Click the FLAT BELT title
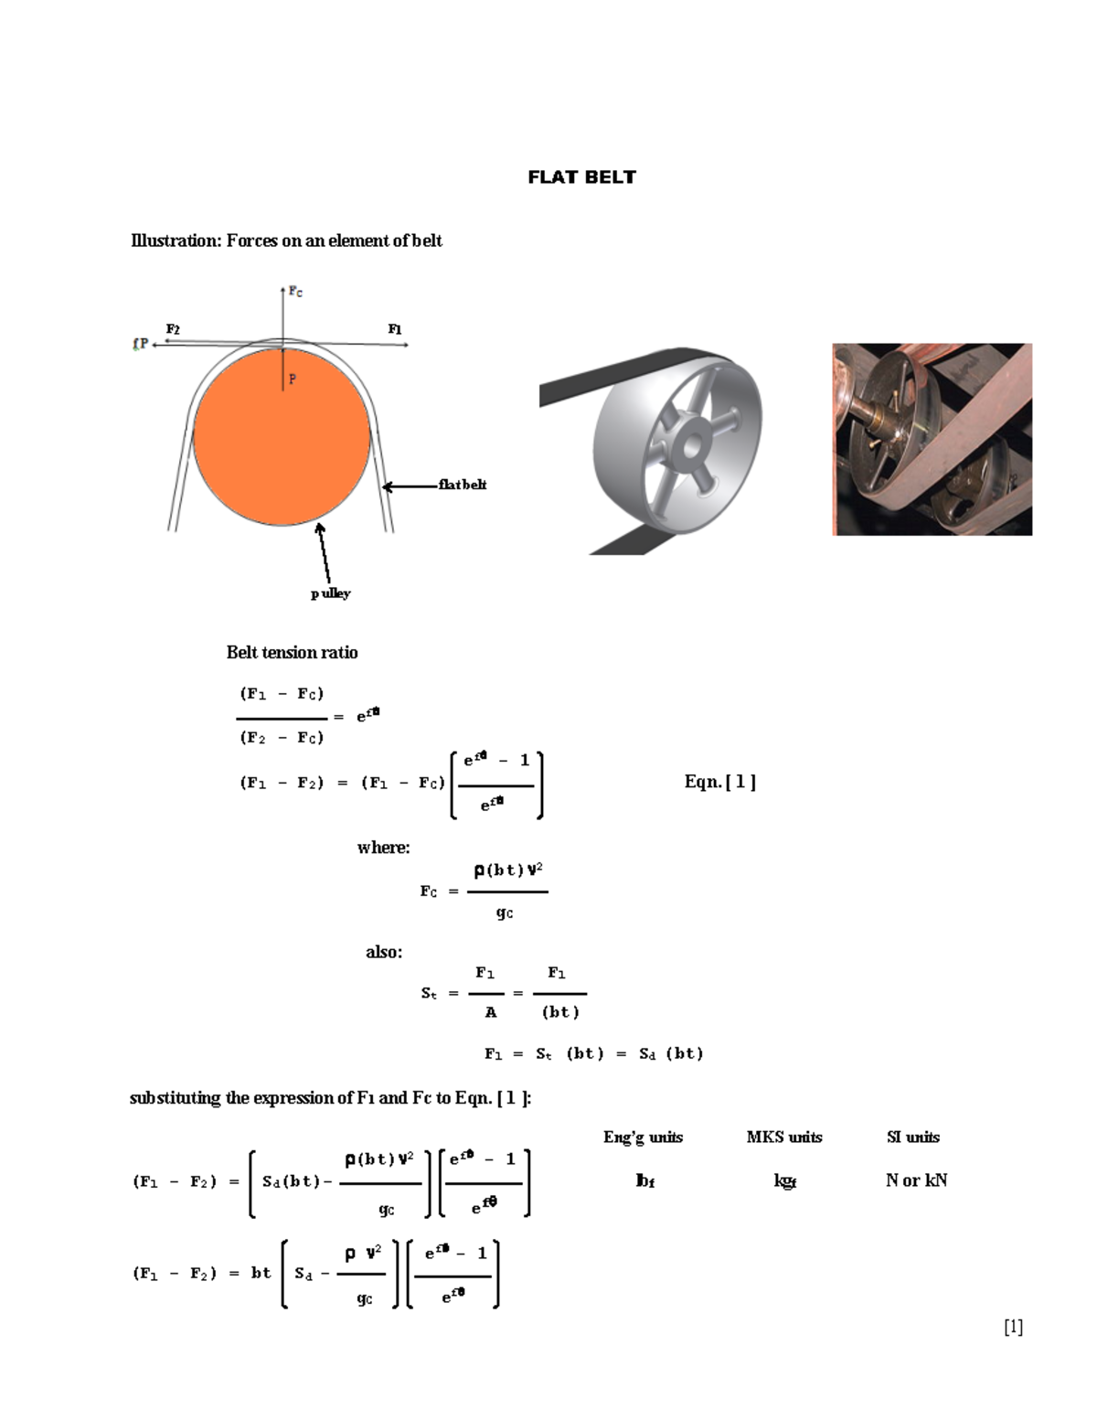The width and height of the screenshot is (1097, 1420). coord(581,177)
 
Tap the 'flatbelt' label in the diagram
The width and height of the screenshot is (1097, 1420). coord(462,485)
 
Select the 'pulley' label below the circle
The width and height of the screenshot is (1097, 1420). coord(330,593)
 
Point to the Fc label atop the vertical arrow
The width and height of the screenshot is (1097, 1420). coord(295,292)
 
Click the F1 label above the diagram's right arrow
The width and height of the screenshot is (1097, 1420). coord(395,329)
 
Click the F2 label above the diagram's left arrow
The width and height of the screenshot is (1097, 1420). coord(173,329)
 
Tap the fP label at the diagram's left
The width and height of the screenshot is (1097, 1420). coord(140,344)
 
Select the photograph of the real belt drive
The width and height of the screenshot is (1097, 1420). coord(932,439)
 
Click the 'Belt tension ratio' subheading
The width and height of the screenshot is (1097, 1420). coord(292,652)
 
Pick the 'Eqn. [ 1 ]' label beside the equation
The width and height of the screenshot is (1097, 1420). coord(719,782)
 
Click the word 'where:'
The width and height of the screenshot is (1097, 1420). coord(383,848)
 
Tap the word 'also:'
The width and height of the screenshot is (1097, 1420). coord(384,952)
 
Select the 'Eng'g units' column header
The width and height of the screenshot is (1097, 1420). coord(643,1137)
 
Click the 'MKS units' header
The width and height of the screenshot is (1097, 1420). coord(783,1137)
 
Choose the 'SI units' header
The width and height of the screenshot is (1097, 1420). coord(912,1137)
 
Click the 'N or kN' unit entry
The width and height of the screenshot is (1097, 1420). coord(916,1180)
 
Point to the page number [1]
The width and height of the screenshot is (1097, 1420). coord(1013,1327)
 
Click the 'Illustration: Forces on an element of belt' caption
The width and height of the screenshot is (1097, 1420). coord(286,240)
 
